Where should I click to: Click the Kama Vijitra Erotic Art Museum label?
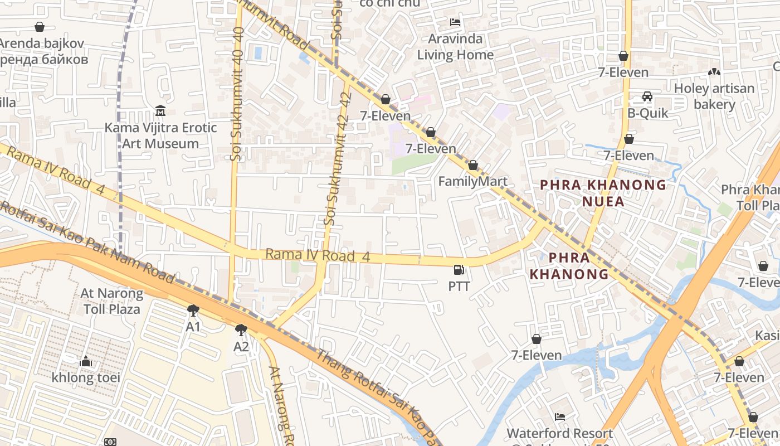[x=160, y=135]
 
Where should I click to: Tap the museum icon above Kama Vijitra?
[x=160, y=110]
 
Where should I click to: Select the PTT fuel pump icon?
[x=459, y=270]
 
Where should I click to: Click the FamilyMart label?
[x=472, y=181]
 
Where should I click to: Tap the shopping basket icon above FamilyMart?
[x=472, y=165]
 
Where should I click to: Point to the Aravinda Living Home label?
[x=455, y=47]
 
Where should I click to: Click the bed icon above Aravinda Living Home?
[x=455, y=23]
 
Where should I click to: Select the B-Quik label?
[x=647, y=113]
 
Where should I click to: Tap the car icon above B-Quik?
[x=647, y=96]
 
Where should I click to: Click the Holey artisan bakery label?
[x=714, y=96]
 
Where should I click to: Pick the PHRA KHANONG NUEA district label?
[x=603, y=193]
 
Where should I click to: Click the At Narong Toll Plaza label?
[x=112, y=300]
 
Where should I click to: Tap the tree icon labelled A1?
[x=193, y=311]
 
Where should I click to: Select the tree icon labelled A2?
[x=241, y=330]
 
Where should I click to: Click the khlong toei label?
[x=86, y=377]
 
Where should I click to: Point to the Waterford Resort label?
[x=559, y=433]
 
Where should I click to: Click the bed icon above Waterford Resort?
[x=560, y=417]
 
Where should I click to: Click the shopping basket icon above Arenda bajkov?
[x=40, y=27]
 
